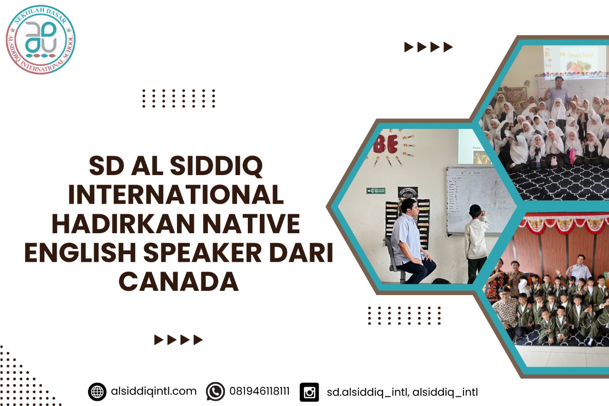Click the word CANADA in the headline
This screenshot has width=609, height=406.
coord(178,281)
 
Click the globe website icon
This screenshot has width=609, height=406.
coord(97,392)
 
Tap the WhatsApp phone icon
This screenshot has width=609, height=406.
coord(215,392)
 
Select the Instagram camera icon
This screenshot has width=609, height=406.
coord(309,392)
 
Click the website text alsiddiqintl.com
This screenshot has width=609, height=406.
coord(153,391)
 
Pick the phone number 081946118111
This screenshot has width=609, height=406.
coord(259,392)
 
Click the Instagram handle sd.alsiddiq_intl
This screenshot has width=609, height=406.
coord(367,392)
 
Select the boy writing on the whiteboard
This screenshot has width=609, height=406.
coord(476,243)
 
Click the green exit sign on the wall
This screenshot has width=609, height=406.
coord(376,191)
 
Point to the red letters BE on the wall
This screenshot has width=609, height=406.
coord(386,145)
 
